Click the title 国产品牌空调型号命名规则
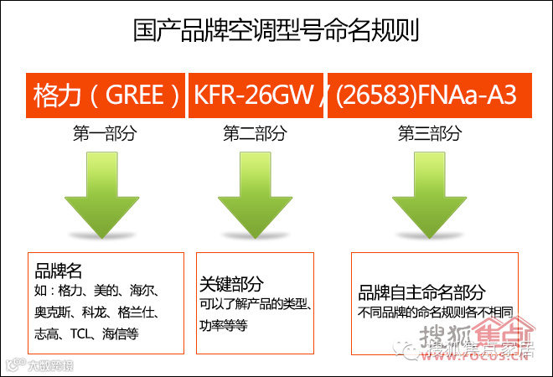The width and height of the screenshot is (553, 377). tap(276, 32)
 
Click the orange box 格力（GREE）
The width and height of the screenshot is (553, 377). tap(106, 95)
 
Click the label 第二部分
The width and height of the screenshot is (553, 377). tap(255, 133)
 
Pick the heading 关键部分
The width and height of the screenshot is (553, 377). tap(232, 282)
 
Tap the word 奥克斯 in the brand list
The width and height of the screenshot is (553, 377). tap(55, 312)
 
